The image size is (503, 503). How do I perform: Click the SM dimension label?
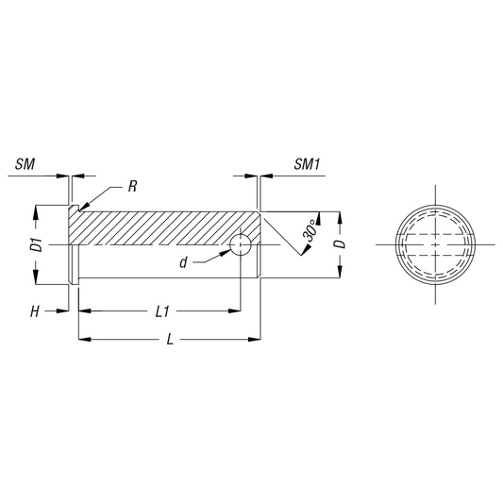click(25, 164)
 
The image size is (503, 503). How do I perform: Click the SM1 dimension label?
click(307, 164)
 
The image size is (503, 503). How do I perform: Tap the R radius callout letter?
click(132, 186)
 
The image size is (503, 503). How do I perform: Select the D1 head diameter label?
click(39, 244)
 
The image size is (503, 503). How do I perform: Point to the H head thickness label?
click(35, 311)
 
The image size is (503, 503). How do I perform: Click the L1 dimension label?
click(162, 311)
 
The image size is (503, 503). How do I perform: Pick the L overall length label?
click(170, 340)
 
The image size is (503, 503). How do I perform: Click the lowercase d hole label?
click(183, 262)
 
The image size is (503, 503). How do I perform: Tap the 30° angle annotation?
click(310, 230)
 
